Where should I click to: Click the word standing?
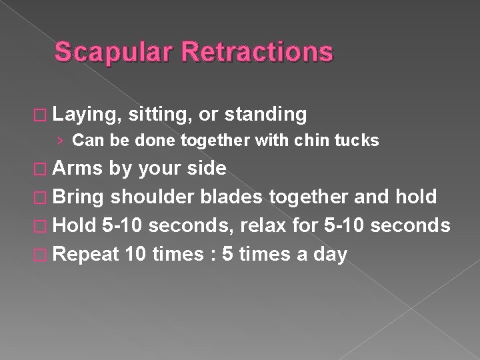click(265, 115)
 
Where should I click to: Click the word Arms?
click(78, 168)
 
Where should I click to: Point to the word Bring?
click(79, 197)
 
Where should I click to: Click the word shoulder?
click(155, 197)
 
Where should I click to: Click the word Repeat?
click(85, 254)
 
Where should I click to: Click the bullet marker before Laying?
click(43, 115)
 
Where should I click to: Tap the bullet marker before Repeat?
click(43, 255)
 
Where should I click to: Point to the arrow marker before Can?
click(61, 141)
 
